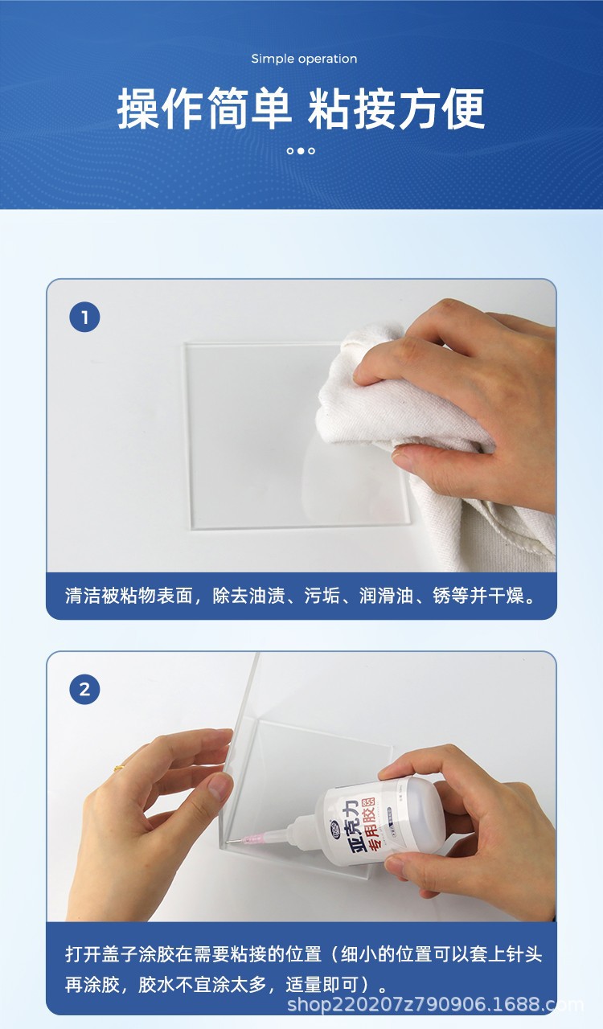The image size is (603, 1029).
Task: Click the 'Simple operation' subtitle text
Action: point(304,59)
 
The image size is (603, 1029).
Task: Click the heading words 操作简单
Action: point(204,109)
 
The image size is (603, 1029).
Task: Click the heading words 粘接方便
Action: point(397,109)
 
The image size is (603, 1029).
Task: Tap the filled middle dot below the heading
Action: point(301,150)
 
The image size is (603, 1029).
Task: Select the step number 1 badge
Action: point(84,318)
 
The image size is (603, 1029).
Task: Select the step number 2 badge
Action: point(84,689)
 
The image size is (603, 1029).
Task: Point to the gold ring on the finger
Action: point(119,768)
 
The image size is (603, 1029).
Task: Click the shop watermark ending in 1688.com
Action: point(435,1005)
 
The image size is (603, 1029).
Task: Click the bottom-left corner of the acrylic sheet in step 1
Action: point(194,527)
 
